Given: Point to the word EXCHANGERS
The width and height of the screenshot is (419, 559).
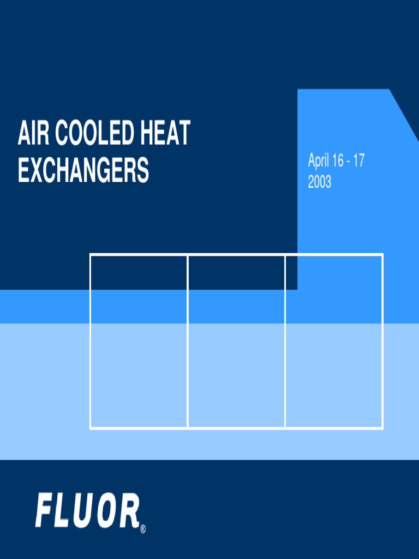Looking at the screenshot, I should pyautogui.click(x=83, y=170).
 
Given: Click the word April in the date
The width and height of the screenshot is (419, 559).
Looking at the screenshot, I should pyautogui.click(x=319, y=161).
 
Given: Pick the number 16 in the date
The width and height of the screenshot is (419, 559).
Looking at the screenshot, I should pyautogui.click(x=338, y=161).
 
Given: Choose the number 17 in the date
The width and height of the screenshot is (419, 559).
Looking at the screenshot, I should pyautogui.click(x=358, y=161).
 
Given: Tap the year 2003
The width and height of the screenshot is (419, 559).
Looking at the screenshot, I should pyautogui.click(x=319, y=182).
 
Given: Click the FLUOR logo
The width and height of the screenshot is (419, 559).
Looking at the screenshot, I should pyautogui.click(x=87, y=511).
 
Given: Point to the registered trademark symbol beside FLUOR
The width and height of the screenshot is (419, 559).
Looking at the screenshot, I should pyautogui.click(x=142, y=528).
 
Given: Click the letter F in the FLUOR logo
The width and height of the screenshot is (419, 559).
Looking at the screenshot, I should pyautogui.click(x=45, y=511).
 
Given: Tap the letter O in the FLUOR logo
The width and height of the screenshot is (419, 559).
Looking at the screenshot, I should pyautogui.click(x=107, y=511).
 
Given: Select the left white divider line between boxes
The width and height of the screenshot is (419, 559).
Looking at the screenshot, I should pyautogui.click(x=188, y=341).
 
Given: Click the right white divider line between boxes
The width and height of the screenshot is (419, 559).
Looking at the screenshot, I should pyautogui.click(x=285, y=341).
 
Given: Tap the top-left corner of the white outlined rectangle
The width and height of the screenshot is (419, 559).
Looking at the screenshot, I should pyautogui.click(x=91, y=254).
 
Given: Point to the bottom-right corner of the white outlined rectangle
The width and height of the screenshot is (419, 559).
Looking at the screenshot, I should pyautogui.click(x=382, y=428).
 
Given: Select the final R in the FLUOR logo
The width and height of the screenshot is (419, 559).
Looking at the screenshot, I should pyautogui.click(x=129, y=511).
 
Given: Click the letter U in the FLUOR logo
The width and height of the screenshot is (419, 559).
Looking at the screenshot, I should pyautogui.click(x=85, y=511).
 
